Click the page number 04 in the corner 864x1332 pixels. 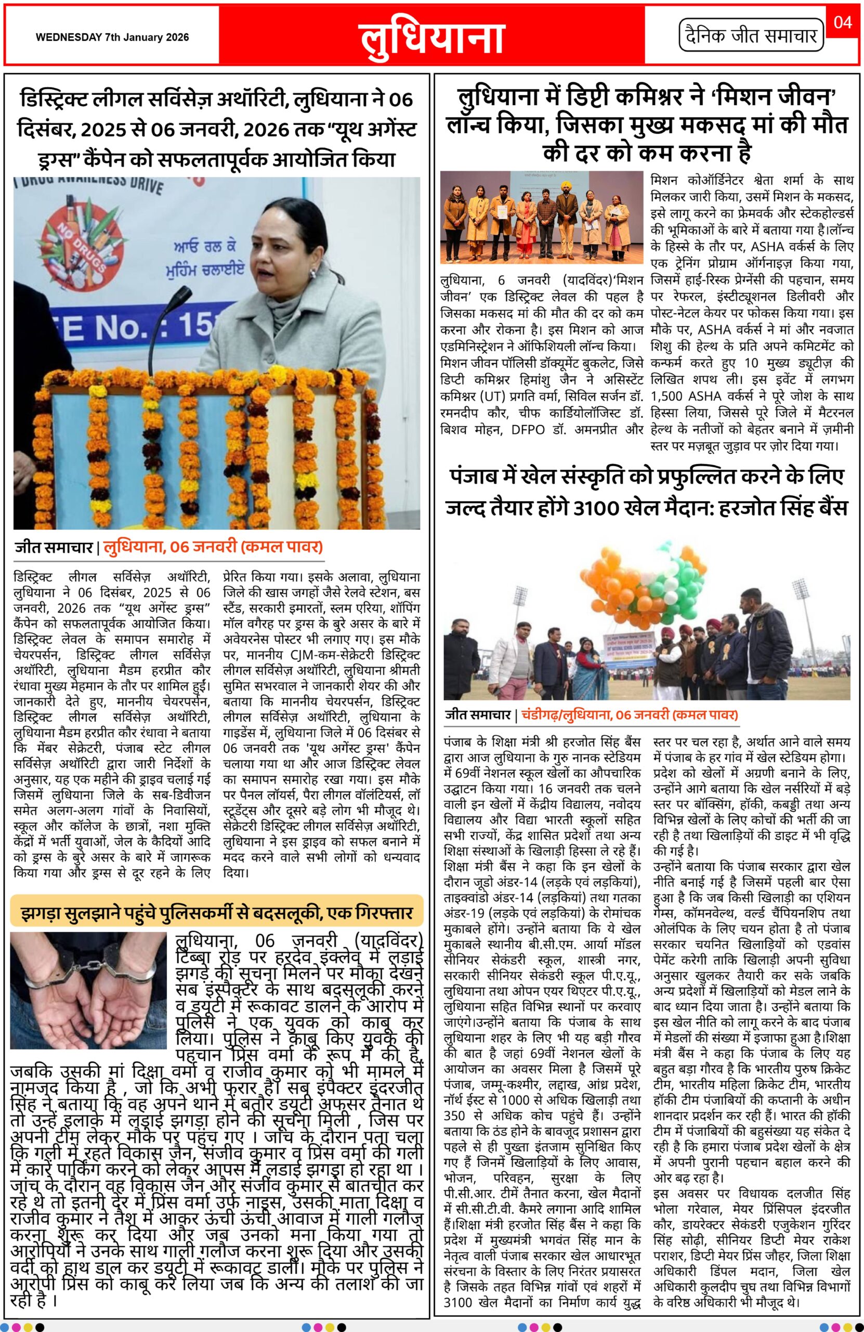pos(842,22)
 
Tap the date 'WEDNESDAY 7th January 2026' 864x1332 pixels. pos(112,37)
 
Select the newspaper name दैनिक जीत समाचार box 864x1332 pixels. pos(751,36)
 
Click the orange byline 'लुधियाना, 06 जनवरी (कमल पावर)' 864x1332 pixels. pos(213,546)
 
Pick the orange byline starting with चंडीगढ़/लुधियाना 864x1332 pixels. pos(630,714)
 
